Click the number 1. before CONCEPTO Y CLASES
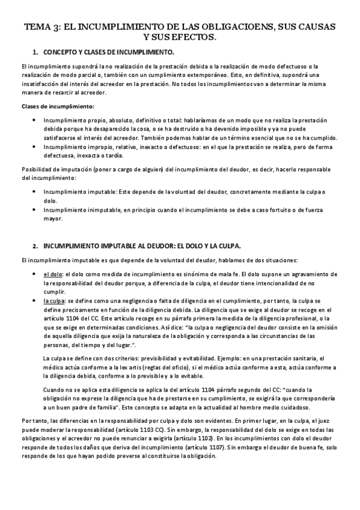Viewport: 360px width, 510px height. (x=35, y=53)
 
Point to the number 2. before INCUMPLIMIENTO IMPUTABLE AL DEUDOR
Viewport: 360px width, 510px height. (x=35, y=247)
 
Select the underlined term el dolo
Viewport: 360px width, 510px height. (x=50, y=274)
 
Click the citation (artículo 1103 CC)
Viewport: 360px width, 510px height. (x=144, y=431)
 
